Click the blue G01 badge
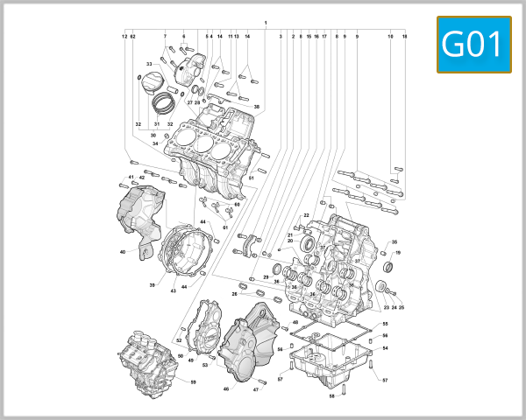click(473, 45)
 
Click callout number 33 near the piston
click(149, 64)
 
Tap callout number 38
click(257, 107)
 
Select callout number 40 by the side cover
click(124, 253)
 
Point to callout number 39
click(152, 285)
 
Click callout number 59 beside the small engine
click(193, 382)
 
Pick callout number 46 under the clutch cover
click(226, 388)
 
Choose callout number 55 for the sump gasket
click(385, 325)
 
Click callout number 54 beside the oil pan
click(385, 348)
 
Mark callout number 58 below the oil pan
click(331, 396)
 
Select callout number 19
click(398, 253)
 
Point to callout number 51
click(251, 178)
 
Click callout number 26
click(235, 294)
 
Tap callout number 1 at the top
click(265, 21)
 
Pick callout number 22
click(307, 215)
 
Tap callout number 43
click(173, 290)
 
